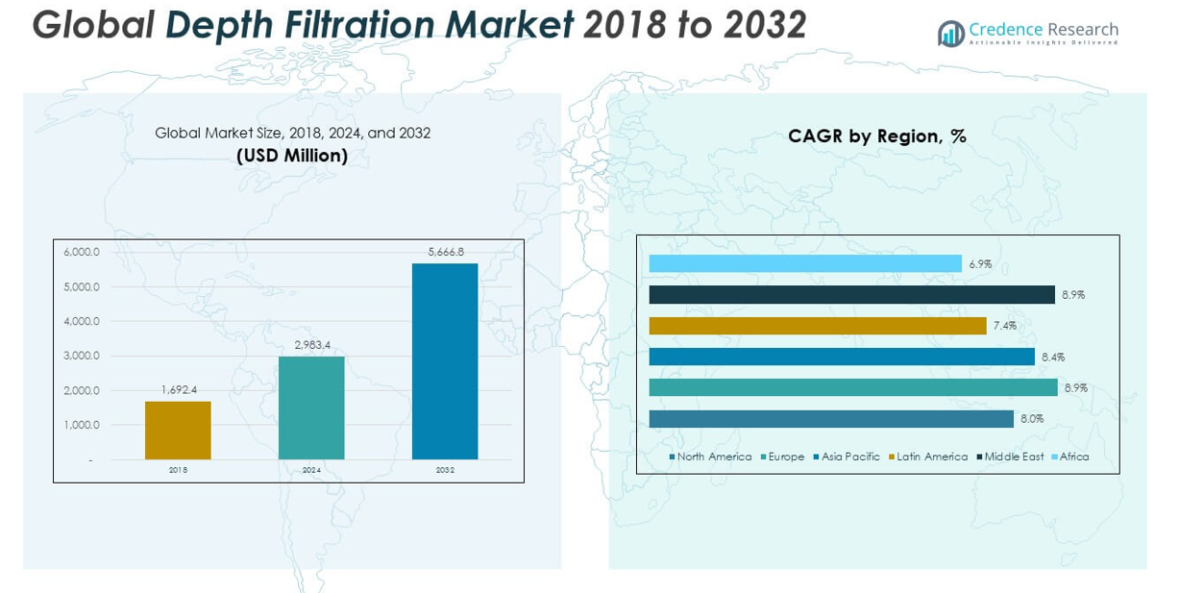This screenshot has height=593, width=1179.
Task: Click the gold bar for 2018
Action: pos(178,430)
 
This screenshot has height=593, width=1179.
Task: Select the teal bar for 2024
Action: pos(311,408)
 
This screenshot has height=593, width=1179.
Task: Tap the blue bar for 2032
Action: pos(445,361)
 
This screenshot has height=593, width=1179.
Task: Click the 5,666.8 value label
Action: pos(446,252)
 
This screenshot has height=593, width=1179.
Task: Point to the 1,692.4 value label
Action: pos(178,389)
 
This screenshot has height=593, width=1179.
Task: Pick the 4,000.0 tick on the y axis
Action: pos(82,321)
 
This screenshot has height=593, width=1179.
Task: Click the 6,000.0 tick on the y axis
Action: pos(82,252)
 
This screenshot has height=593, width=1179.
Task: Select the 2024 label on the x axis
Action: pos(311,470)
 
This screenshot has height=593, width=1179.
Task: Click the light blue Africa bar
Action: pos(805,263)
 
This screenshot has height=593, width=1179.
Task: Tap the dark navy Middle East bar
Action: pos(851,295)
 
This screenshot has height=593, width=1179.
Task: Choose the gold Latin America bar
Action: pos(818,326)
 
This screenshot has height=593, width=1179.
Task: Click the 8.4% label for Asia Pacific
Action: pos(1053,357)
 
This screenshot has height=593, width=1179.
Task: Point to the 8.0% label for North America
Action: pos(1032,419)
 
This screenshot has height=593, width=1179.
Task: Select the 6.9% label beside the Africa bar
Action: pos(980,263)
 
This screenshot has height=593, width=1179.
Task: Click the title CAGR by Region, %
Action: pos(876,136)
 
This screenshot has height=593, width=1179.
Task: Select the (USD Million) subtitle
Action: pos(292,155)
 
